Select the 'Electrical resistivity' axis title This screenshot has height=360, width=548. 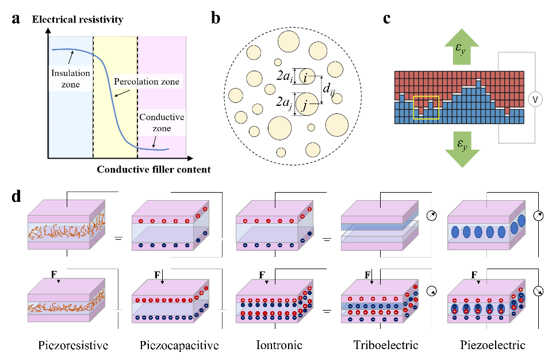(78, 20)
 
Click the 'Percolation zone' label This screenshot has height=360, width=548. (147, 82)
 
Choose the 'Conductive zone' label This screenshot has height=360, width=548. (162, 122)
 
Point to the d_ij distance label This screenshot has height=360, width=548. (328, 89)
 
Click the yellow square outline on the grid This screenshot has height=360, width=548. (426, 108)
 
